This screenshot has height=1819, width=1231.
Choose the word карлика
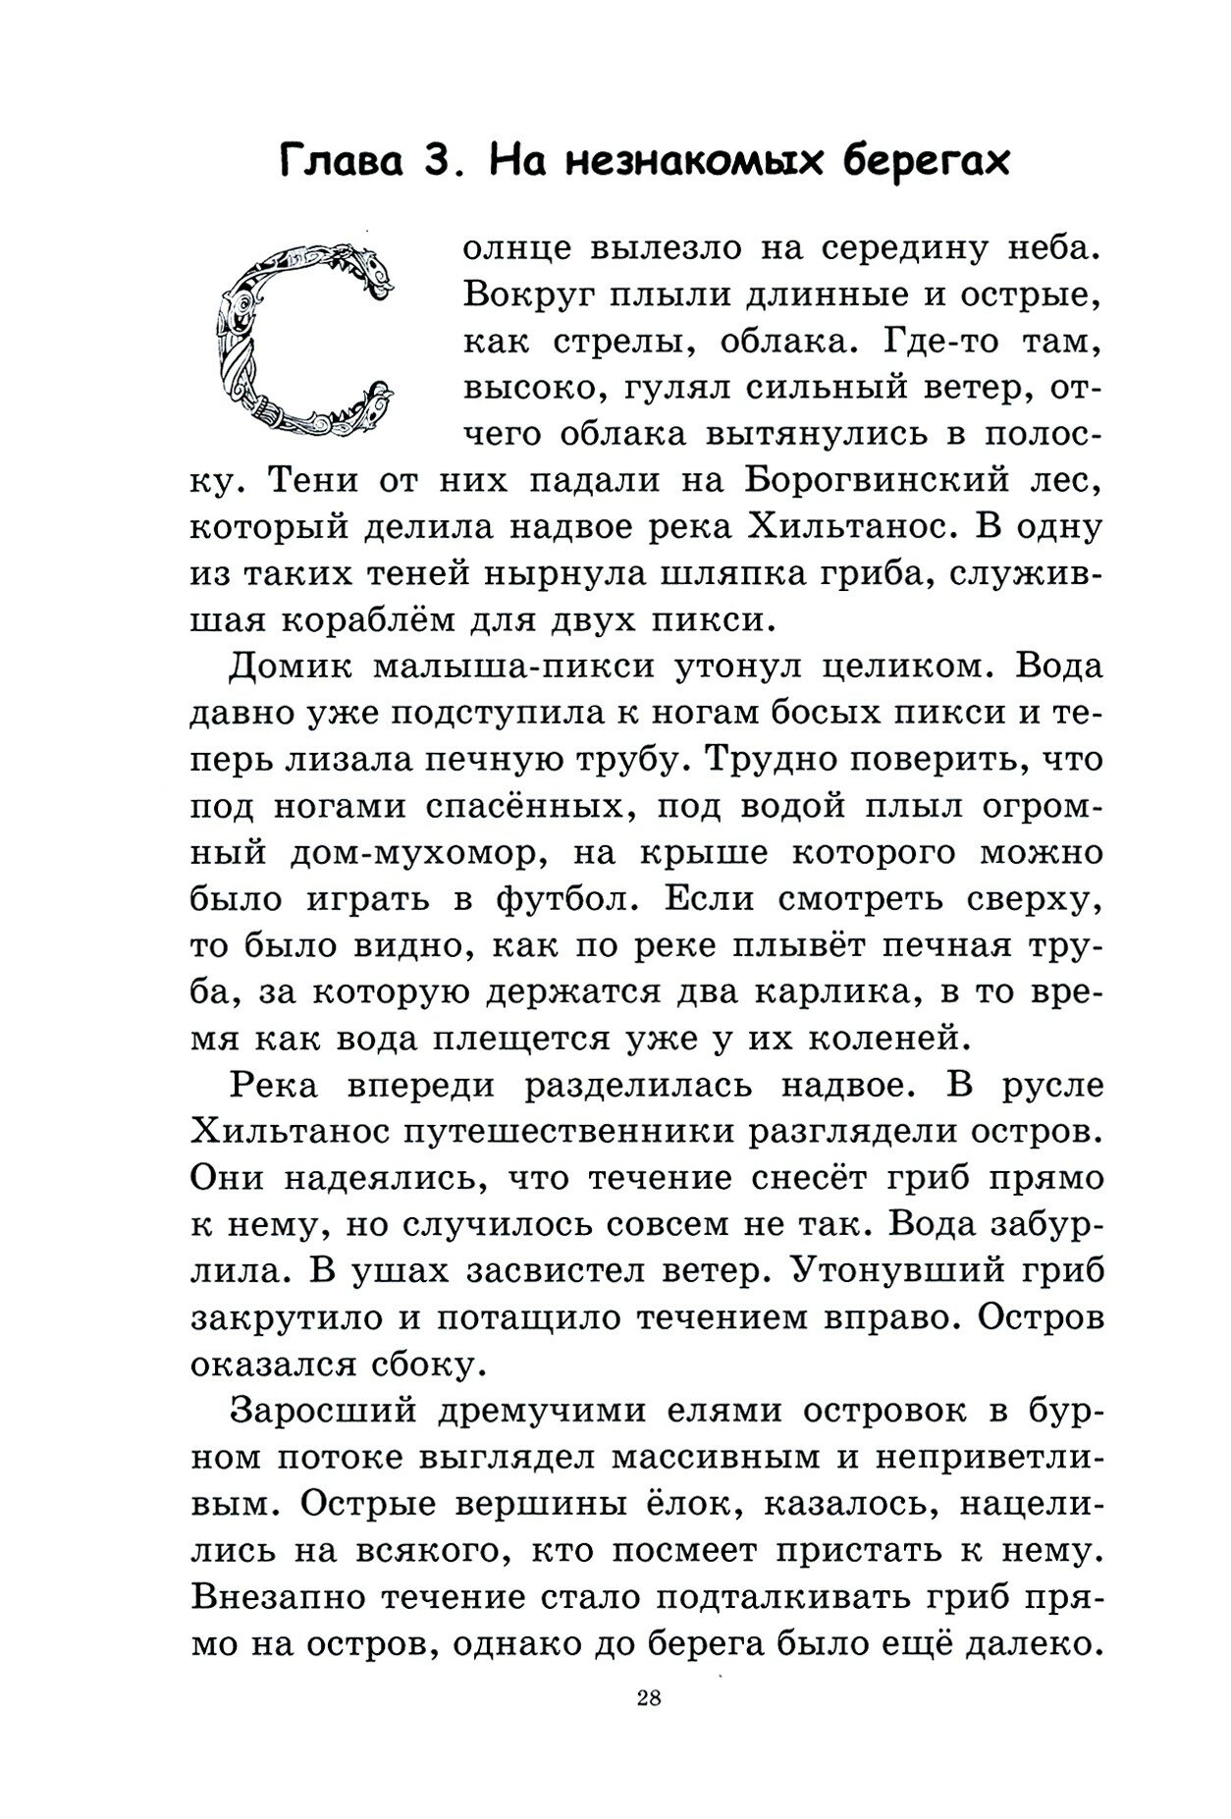click(x=834, y=991)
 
